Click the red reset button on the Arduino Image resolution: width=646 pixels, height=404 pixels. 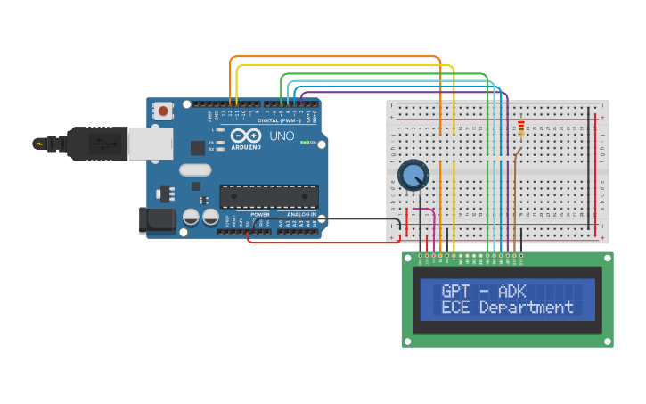[x=165, y=111]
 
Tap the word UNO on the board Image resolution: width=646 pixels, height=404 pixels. [x=282, y=136]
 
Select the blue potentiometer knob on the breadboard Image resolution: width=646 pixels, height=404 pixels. [x=413, y=175]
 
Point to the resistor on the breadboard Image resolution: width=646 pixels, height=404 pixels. [x=521, y=130]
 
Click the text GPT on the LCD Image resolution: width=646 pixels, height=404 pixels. [x=456, y=291]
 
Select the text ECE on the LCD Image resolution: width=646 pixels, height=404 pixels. [x=456, y=308]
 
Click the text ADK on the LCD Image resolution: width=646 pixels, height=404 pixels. [x=512, y=291]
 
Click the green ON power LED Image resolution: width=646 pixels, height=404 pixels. [x=305, y=143]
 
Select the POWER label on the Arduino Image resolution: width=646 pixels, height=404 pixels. [x=259, y=215]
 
